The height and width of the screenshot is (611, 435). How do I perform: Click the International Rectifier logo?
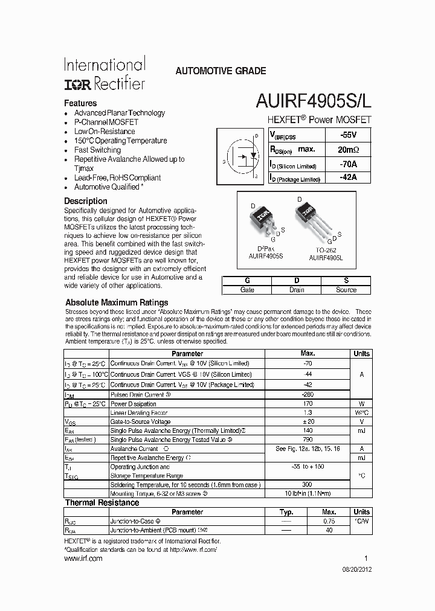tap(105, 74)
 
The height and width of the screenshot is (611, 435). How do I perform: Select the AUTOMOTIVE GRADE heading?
tap(220, 71)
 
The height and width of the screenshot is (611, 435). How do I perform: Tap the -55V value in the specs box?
tap(347, 135)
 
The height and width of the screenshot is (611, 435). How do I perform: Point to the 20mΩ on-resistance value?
tap(347, 149)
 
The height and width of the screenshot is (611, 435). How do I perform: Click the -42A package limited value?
tap(347, 178)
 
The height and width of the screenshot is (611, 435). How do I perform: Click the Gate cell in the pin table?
tap(247, 290)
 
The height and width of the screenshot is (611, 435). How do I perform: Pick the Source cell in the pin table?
tap(346, 290)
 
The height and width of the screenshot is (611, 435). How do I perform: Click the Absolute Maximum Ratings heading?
tap(117, 302)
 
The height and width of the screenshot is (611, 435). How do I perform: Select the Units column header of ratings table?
tap(361, 353)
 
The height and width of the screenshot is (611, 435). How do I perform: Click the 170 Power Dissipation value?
tap(308, 404)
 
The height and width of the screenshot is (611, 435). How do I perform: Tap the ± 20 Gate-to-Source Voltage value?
tap(308, 421)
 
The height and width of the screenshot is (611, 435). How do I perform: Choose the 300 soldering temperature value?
tap(308, 485)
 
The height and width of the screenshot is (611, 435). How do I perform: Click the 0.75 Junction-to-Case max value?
tap(329, 520)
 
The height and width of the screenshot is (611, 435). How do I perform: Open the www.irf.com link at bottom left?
tap(83, 558)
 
